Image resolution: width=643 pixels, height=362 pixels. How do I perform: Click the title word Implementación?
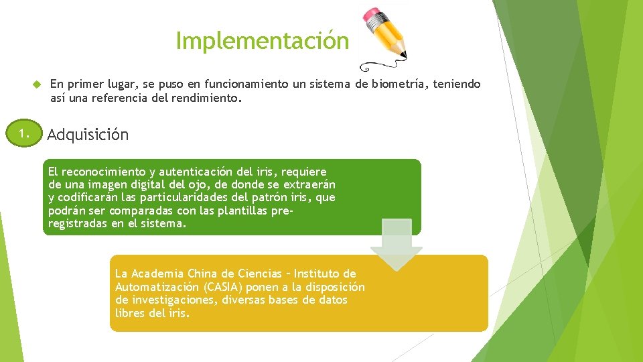click(262, 41)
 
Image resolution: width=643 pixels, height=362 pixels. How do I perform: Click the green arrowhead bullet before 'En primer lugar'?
click(37, 84)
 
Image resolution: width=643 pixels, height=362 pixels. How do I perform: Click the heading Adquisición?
click(88, 134)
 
